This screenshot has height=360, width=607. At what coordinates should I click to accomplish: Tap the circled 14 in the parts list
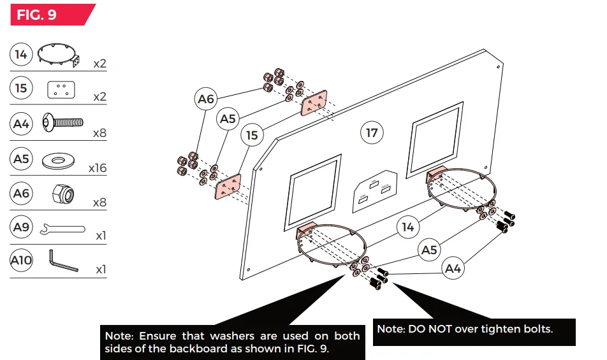click(22, 54)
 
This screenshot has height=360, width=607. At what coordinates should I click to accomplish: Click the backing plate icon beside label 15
click(61, 89)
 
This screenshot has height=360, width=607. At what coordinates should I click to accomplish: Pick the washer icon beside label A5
click(62, 159)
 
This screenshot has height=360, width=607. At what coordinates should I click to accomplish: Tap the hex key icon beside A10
click(63, 261)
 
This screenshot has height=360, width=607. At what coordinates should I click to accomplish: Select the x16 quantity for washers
click(98, 168)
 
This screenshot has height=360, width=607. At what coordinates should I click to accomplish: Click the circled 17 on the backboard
click(372, 133)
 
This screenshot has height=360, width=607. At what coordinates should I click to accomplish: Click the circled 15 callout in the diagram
click(252, 135)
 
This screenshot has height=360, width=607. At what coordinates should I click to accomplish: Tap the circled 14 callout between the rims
click(408, 227)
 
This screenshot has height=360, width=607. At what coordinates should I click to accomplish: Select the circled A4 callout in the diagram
click(453, 269)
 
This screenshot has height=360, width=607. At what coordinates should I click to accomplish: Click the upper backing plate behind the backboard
click(314, 103)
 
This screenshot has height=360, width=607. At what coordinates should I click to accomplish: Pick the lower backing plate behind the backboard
click(228, 187)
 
